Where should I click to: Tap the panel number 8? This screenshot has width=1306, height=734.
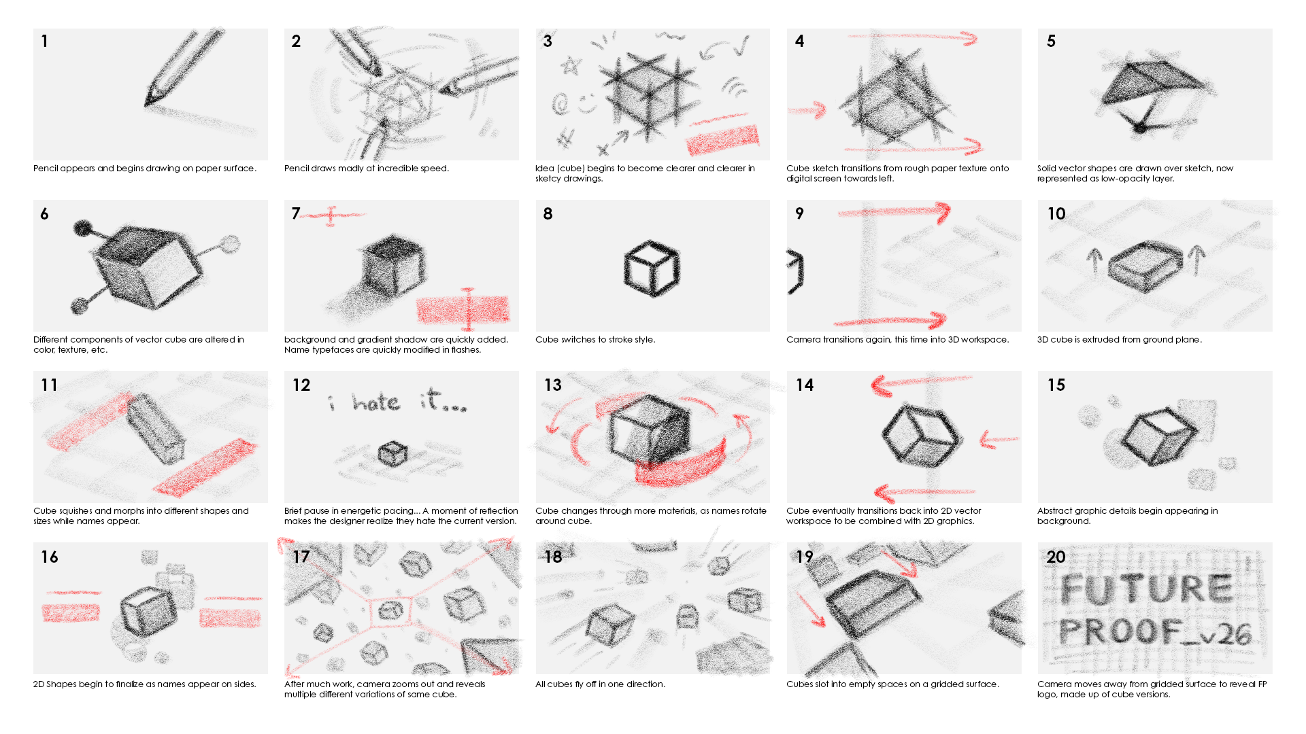tap(548, 213)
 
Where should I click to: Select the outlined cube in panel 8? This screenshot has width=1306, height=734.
tap(652, 268)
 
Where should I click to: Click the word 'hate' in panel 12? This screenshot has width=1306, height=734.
tap(376, 402)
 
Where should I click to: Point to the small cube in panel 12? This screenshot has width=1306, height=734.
tap(392, 453)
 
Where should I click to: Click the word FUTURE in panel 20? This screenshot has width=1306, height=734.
tap(1146, 589)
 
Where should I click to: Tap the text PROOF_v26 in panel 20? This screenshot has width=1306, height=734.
tap(1155, 633)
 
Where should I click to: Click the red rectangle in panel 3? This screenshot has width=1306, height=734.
tap(722, 139)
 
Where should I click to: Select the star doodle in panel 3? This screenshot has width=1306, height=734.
tap(571, 66)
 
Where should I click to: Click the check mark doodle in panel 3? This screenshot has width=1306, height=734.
tap(740, 46)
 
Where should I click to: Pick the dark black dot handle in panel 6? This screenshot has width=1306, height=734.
tap(83, 228)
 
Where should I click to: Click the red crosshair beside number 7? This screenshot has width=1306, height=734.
tap(331, 215)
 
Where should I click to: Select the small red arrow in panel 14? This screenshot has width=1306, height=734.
tap(999, 440)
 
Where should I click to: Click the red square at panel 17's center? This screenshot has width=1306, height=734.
tap(390, 611)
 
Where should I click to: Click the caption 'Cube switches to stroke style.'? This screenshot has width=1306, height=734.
tap(595, 340)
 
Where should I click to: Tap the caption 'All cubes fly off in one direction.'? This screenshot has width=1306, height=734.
tap(600, 684)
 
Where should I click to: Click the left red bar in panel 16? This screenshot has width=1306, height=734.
tap(71, 613)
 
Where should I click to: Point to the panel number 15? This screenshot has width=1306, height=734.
tap(1056, 385)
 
